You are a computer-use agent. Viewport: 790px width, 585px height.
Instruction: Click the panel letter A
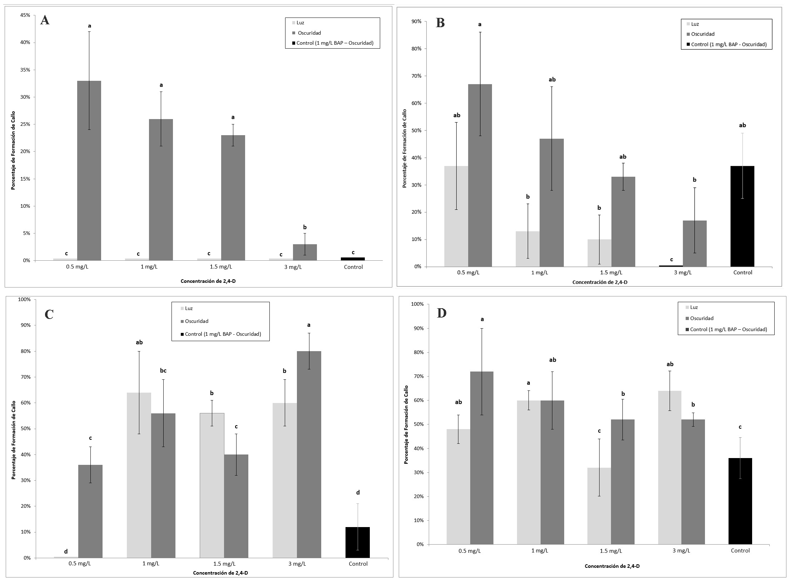click(x=45, y=20)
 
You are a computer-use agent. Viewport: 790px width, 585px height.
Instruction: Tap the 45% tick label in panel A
click(x=25, y=15)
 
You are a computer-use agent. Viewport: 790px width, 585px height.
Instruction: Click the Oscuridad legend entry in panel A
click(x=309, y=33)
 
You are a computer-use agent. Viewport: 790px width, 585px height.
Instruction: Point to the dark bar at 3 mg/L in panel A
click(x=305, y=252)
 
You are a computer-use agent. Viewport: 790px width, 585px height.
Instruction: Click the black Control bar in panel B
click(x=742, y=216)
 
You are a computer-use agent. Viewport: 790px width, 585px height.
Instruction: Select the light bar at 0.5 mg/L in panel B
click(x=456, y=216)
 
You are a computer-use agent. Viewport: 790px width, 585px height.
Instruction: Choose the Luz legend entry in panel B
click(x=695, y=24)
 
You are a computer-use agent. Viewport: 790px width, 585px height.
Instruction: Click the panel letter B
click(x=440, y=23)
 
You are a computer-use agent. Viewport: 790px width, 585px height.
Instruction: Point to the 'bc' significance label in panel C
click(x=163, y=370)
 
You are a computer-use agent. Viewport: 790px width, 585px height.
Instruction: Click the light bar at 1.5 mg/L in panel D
click(x=599, y=506)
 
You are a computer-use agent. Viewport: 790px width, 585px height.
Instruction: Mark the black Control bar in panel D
click(x=740, y=501)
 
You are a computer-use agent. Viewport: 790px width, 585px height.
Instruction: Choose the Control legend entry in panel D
click(x=728, y=329)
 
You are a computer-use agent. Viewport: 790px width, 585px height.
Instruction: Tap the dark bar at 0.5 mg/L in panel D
click(x=482, y=458)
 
